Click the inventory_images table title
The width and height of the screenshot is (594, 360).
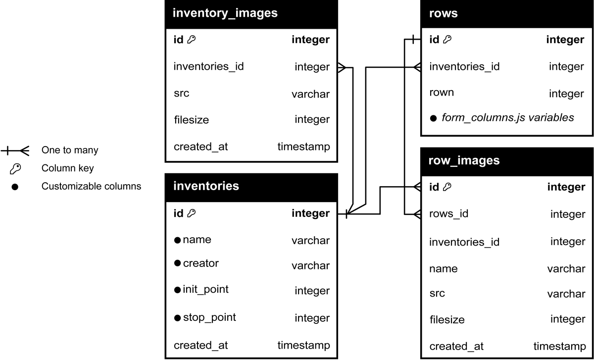click(225, 13)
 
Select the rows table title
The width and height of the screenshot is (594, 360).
click(443, 13)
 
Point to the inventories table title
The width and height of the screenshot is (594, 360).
click(206, 186)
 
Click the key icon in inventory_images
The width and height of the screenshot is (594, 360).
click(191, 40)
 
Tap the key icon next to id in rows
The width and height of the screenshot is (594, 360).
click(447, 40)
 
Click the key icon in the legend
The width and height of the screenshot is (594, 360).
click(15, 169)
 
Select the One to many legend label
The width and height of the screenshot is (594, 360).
click(70, 150)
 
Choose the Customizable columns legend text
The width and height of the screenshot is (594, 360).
click(91, 186)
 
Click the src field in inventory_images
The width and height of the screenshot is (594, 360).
click(181, 94)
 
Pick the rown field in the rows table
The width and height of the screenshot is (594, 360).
click(442, 93)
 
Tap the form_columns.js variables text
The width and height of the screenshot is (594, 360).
click(507, 117)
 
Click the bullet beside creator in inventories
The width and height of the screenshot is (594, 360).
click(177, 263)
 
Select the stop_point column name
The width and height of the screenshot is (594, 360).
click(209, 317)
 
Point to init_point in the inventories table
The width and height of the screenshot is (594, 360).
click(205, 289)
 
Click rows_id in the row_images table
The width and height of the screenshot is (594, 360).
click(448, 214)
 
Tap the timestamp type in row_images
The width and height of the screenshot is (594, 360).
click(559, 346)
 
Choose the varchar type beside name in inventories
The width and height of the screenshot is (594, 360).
click(310, 241)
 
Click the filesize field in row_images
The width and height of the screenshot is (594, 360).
click(447, 320)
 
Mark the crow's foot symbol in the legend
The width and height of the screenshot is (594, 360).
click(25, 151)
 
